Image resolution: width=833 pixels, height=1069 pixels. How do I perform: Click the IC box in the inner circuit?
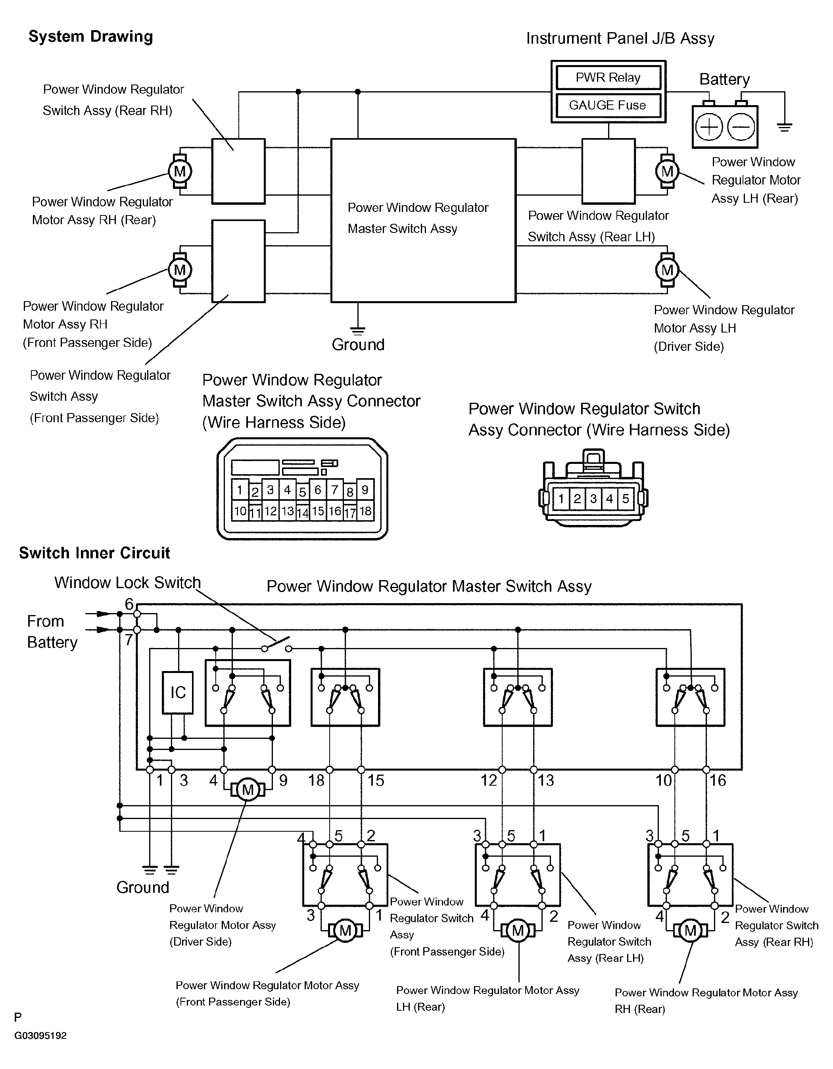click(x=178, y=692)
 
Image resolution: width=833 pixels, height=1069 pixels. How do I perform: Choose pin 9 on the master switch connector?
click(x=365, y=490)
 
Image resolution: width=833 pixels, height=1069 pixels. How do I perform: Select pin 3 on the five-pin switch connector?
click(x=593, y=499)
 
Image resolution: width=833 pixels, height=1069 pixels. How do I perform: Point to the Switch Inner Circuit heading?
click(x=94, y=553)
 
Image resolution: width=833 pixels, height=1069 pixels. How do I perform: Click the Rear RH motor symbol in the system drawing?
click(x=180, y=171)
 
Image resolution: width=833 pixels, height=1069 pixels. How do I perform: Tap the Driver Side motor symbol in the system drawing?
click(x=667, y=270)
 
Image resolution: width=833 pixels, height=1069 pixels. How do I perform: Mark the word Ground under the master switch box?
click(x=358, y=344)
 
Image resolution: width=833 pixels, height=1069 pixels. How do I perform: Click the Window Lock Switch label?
click(x=127, y=583)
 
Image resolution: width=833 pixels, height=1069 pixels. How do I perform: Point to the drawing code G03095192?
click(x=40, y=1036)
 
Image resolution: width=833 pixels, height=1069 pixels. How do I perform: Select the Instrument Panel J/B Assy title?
click(x=620, y=38)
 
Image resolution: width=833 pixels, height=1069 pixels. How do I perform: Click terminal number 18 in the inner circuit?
click(x=316, y=780)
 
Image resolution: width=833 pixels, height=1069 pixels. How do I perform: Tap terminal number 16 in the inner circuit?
click(x=718, y=780)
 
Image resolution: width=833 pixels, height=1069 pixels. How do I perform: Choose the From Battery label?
click(x=52, y=631)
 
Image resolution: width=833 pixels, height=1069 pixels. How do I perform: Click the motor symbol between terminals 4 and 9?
click(x=248, y=790)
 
